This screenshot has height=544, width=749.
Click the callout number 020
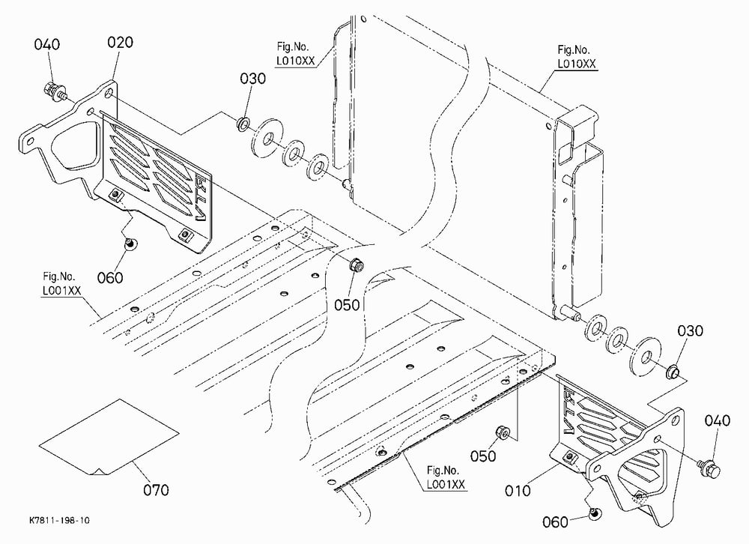coord(120,43)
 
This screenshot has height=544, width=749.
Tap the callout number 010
coord(518,491)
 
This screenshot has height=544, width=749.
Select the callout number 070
coord(157,490)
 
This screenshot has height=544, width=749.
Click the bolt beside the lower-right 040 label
coord(708,467)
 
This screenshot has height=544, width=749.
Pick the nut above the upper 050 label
coord(357,264)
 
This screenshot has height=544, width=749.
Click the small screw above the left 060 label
coord(129,244)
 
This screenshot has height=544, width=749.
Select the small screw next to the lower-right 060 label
coord(594,513)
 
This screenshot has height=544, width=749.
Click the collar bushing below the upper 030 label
coord(242,124)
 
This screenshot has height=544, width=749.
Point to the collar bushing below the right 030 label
coord(673,370)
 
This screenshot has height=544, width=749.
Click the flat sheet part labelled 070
coord(109,438)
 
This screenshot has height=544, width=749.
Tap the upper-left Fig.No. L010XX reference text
coord(296,54)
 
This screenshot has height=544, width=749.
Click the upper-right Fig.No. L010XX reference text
coord(577,57)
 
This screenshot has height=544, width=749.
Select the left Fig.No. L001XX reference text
coord(62,283)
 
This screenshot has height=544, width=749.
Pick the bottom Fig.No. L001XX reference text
coord(446,477)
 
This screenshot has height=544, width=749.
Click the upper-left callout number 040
coord(46,44)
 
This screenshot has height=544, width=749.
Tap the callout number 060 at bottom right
coord(555,522)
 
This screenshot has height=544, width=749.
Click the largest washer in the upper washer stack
coord(267,136)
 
